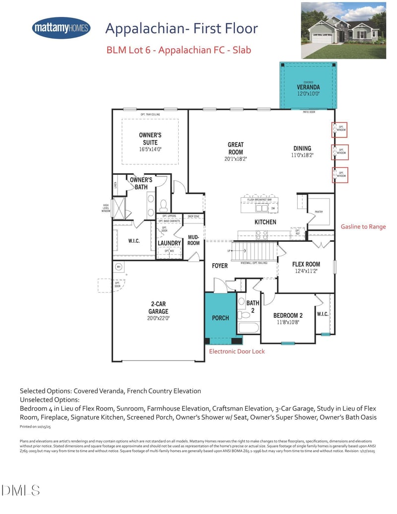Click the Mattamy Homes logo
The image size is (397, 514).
tap(61, 28)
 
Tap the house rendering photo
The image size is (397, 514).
tap(343, 30)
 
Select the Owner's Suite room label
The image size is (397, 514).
tap(149, 139)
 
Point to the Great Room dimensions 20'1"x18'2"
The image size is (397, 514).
tap(236, 159)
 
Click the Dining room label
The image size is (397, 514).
tap(302, 148)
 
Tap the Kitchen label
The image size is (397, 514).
tap(265, 222)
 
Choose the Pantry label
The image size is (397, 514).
tap(319, 212)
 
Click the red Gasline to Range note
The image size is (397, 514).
tap(363, 226)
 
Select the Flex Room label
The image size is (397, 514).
tap(306, 264)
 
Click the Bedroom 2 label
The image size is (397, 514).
tap(288, 315)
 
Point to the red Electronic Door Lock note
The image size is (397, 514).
tap(237, 351)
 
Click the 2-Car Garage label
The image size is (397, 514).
tap(158, 308)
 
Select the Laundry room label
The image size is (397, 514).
tap(169, 243)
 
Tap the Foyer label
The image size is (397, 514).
tap(219, 266)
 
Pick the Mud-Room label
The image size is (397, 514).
tap(194, 240)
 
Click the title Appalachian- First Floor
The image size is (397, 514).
tap(182, 28)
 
